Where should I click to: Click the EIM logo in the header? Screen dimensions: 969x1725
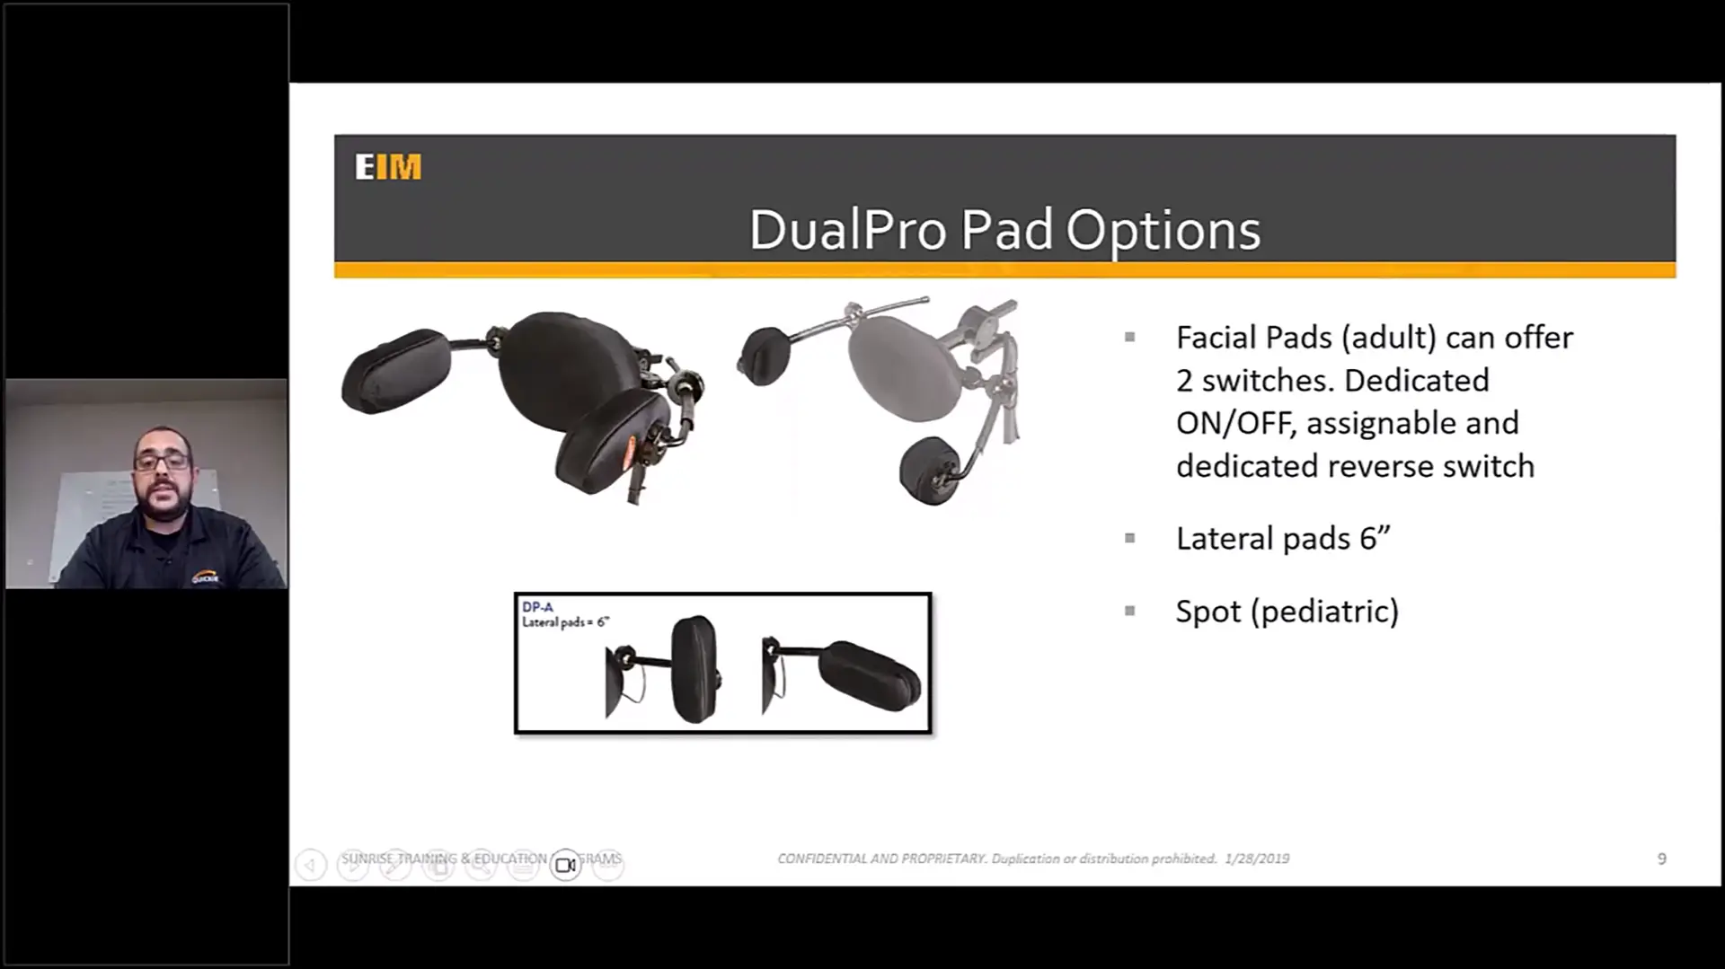pyautogui.click(x=388, y=167)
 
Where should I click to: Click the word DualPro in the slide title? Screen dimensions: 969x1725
pyautogui.click(x=846, y=230)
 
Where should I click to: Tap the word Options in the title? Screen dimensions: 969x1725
pyautogui.click(x=1163, y=232)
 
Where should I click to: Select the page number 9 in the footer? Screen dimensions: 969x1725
pyautogui.click(x=1661, y=859)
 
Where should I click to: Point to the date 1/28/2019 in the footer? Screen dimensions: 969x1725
pyautogui.click(x=1257, y=859)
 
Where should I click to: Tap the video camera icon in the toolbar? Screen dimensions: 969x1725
pyautogui.click(x=565, y=865)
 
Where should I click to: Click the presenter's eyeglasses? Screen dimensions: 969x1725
pyautogui.click(x=162, y=462)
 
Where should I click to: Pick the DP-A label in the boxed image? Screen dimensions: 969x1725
pyautogui.click(x=537, y=607)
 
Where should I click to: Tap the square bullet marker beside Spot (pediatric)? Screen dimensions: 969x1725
pyautogui.click(x=1129, y=611)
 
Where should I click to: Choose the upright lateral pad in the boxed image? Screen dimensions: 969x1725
pyautogui.click(x=694, y=668)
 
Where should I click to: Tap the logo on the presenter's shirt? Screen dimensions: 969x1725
pyautogui.click(x=205, y=577)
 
